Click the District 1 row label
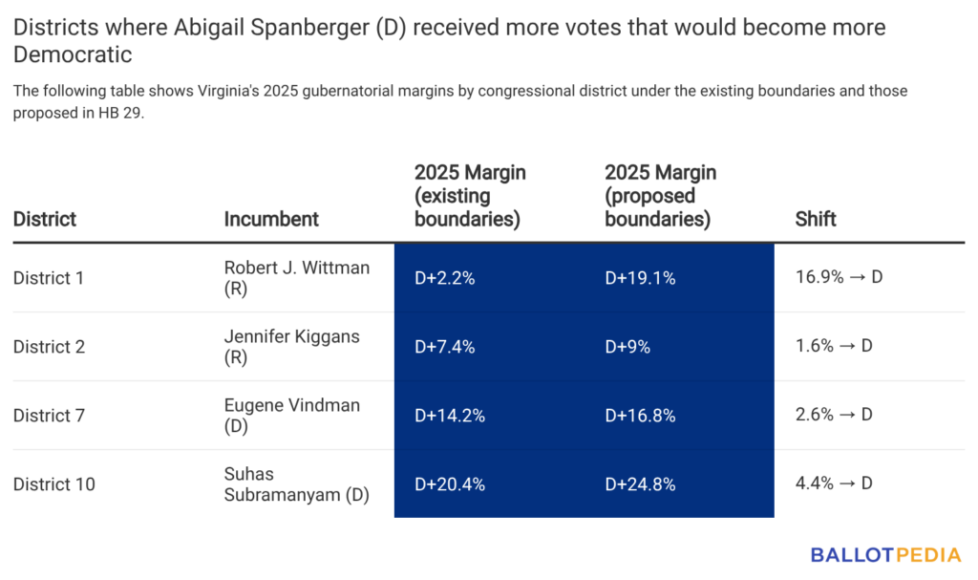[49, 278]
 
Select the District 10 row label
[53, 484]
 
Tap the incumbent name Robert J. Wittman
[296, 278]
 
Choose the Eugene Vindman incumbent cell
[291, 416]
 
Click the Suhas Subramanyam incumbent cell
[296, 484]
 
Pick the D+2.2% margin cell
[444, 278]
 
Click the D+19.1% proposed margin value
[640, 278]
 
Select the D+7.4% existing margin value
[444, 347]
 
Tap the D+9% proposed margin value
[627, 347]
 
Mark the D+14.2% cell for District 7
[449, 416]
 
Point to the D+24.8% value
[640, 484]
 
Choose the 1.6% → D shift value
[834, 347]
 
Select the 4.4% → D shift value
[834, 484]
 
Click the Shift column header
[816, 219]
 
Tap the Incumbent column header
[271, 219]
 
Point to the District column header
[45, 219]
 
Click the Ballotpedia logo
[887, 554]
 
